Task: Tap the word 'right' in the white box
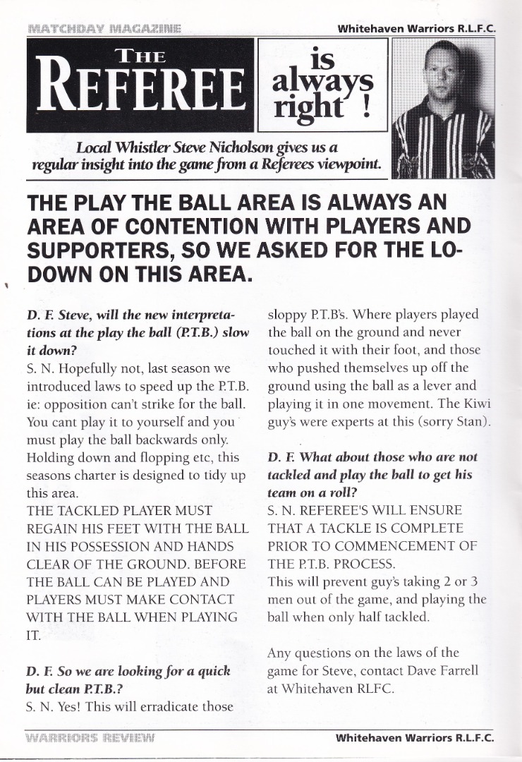[x=308, y=106]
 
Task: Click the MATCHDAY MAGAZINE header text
[x=104, y=28]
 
